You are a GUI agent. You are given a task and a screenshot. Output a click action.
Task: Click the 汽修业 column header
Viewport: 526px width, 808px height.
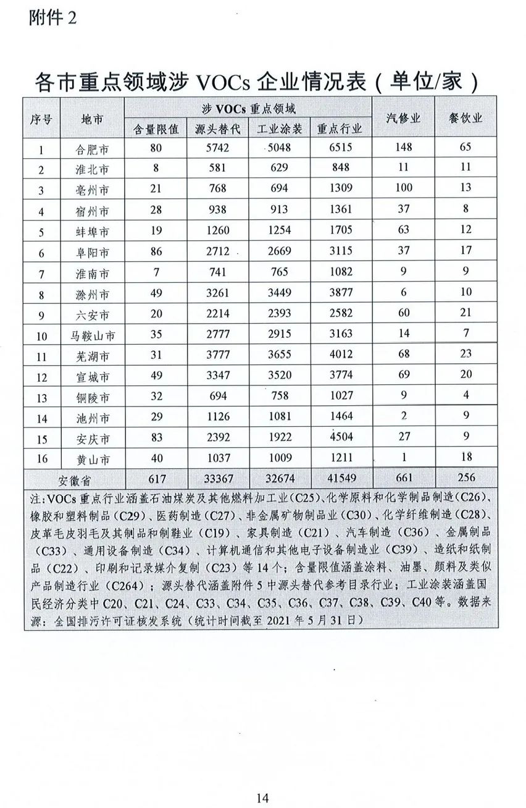pyautogui.click(x=403, y=118)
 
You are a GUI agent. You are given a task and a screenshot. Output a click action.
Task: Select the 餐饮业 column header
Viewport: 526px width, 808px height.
pyautogui.click(x=466, y=118)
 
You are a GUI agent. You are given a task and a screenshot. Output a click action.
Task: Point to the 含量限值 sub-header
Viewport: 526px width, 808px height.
pyautogui.click(x=156, y=129)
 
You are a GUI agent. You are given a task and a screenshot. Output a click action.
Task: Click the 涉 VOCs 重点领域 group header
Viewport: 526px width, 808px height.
pyautogui.click(x=249, y=109)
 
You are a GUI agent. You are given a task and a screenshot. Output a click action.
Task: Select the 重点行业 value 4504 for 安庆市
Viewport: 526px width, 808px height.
pyautogui.click(x=341, y=437)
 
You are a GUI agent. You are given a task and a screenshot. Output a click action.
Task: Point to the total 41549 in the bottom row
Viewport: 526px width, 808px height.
pyautogui.click(x=341, y=478)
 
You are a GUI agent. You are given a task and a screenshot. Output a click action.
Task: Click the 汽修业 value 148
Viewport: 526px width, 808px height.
pyautogui.click(x=403, y=148)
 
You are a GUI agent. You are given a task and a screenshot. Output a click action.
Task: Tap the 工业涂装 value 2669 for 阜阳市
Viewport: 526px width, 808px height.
pyautogui.click(x=279, y=251)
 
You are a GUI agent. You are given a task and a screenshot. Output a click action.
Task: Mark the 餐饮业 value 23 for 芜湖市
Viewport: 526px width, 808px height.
pyautogui.click(x=466, y=354)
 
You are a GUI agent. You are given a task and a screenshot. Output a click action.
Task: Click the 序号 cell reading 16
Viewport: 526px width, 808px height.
pyautogui.click(x=41, y=458)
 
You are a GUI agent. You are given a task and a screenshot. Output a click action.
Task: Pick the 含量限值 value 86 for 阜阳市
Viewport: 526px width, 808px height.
pyautogui.click(x=156, y=251)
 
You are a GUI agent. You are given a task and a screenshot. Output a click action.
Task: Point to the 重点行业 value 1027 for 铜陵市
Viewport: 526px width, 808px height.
pyautogui.click(x=341, y=395)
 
